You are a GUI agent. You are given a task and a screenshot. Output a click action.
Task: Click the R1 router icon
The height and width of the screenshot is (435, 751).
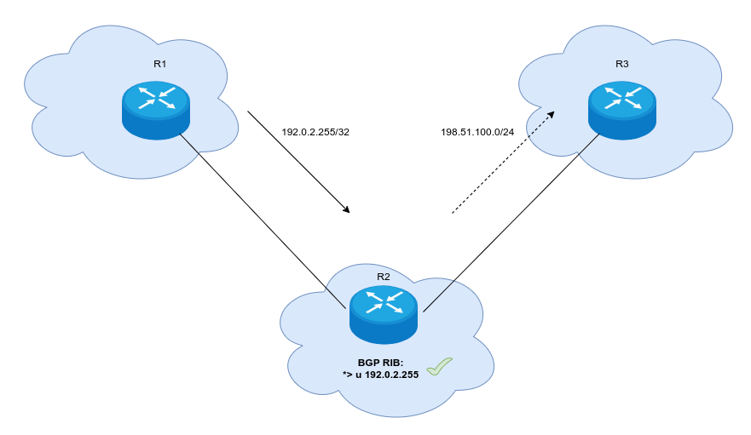tap(155, 110)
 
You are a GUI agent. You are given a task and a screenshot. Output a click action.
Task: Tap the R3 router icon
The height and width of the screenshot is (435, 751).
tap(622, 110)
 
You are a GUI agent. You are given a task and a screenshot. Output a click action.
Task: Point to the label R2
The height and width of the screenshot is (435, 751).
tap(383, 276)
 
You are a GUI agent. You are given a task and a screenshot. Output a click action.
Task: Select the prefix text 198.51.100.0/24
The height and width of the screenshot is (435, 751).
tap(477, 133)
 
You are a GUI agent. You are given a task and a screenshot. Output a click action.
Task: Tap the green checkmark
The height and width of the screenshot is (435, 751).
tap(439, 367)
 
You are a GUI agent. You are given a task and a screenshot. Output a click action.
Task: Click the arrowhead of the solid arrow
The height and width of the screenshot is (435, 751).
tap(346, 209)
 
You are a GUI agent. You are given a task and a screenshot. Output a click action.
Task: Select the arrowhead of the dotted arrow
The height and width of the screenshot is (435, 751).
tap(550, 114)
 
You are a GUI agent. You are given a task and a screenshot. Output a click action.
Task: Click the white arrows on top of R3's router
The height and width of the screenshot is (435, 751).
tap(622, 98)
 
